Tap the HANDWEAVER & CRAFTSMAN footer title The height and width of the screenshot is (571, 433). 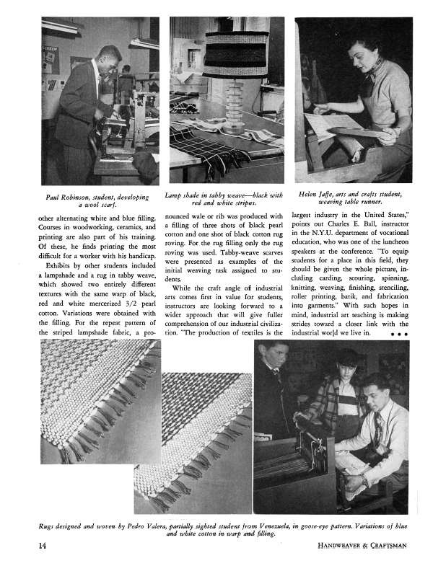[x=363, y=545]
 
